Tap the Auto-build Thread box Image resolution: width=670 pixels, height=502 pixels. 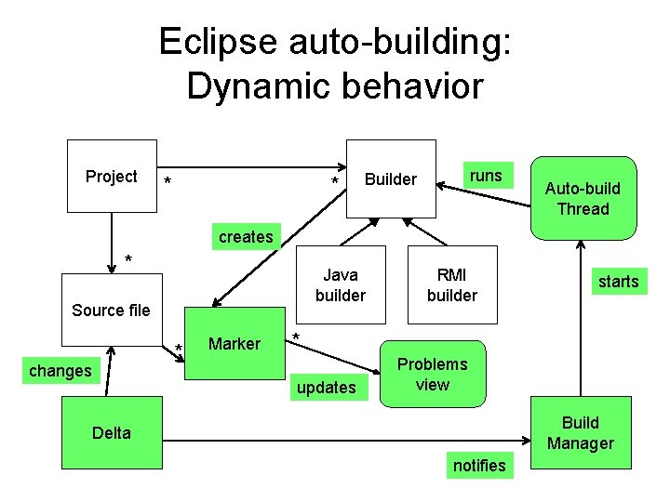(x=583, y=198)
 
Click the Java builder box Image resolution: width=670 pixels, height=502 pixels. (x=340, y=285)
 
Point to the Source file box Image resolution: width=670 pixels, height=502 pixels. (x=111, y=310)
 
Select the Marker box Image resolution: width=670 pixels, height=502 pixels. (x=234, y=344)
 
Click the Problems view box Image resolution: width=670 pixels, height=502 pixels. (x=433, y=374)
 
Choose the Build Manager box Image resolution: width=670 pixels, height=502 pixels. (x=580, y=433)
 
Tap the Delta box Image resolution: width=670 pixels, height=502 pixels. (x=111, y=432)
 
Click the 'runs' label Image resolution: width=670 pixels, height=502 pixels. (x=486, y=176)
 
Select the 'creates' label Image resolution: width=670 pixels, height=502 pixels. (x=246, y=237)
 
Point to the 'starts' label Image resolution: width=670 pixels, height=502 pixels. (x=618, y=281)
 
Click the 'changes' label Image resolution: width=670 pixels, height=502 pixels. (x=60, y=371)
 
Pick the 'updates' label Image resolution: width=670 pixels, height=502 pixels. (x=326, y=387)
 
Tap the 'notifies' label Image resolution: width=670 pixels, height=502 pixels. (x=478, y=465)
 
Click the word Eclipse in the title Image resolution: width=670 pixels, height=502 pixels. (x=217, y=43)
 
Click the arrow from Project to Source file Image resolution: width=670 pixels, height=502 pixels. (x=112, y=242)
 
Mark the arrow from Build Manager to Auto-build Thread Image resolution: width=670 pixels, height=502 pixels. (x=581, y=316)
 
